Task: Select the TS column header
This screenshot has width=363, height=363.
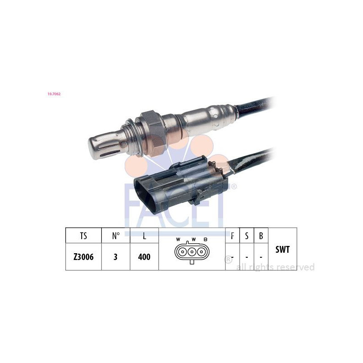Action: pyautogui.click(x=83, y=236)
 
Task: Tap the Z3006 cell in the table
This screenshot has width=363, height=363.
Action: pyautogui.click(x=83, y=257)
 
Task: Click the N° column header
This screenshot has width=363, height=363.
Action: pyautogui.click(x=115, y=236)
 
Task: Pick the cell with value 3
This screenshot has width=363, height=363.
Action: pyautogui.click(x=115, y=257)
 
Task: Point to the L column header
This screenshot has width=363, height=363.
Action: pyautogui.click(x=144, y=236)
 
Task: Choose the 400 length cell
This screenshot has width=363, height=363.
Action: pyautogui.click(x=144, y=257)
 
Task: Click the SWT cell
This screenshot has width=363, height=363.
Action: pyautogui.click(x=282, y=249)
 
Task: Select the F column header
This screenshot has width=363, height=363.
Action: pyautogui.click(x=232, y=236)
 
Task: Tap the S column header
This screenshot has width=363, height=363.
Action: pyautogui.click(x=247, y=236)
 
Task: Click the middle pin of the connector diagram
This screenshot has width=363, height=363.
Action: pyautogui.click(x=192, y=253)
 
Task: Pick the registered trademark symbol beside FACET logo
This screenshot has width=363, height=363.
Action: pyautogui.click(x=234, y=186)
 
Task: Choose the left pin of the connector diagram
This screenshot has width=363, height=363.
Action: pyautogui.click(x=182, y=253)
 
